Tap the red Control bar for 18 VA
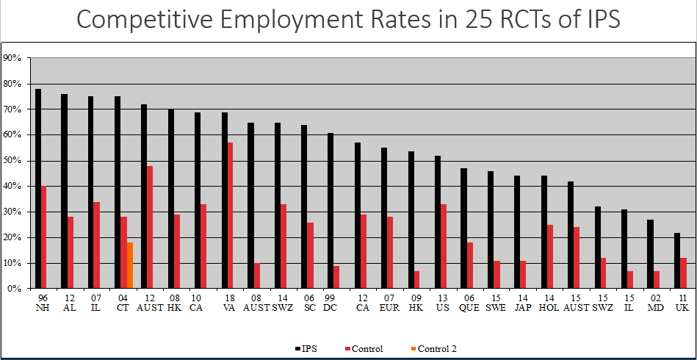point(231,215)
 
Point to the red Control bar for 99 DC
point(337,277)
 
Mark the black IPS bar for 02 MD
point(650,254)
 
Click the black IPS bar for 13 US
point(438,222)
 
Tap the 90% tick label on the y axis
point(12,58)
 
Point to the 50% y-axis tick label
point(12,161)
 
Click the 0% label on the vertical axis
point(15,289)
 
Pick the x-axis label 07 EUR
point(389,302)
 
